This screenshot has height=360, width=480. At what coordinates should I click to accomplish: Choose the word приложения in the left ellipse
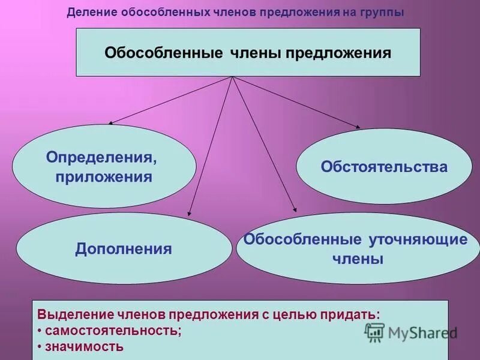(104, 177)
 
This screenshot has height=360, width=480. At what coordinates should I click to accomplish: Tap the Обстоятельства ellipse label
(384, 166)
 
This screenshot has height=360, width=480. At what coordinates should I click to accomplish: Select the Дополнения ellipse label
(124, 249)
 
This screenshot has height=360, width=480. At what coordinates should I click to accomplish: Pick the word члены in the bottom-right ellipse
(358, 259)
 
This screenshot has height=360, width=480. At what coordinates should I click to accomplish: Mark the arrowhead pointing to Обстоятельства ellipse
(358, 127)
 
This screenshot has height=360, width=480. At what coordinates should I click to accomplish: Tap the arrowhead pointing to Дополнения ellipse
(190, 212)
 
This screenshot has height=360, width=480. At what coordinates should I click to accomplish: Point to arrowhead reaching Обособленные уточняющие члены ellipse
(295, 210)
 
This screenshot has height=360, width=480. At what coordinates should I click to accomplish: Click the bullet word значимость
(84, 346)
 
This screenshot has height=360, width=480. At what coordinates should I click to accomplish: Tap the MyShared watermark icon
(374, 332)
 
